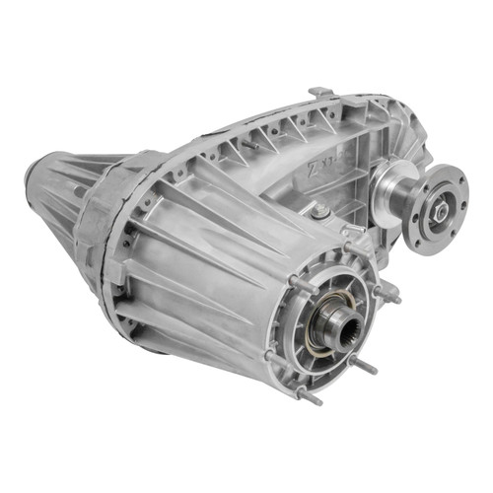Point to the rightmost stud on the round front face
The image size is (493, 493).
pos(392,293)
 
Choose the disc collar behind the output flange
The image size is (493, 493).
pos(386,188)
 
